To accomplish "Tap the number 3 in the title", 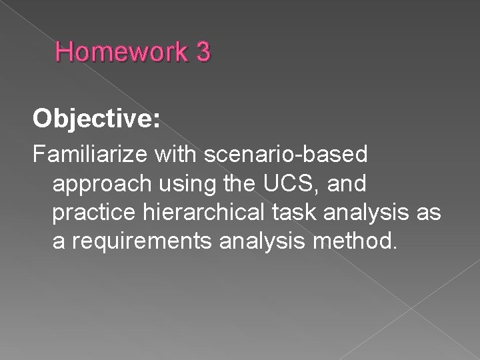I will [x=203, y=52].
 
